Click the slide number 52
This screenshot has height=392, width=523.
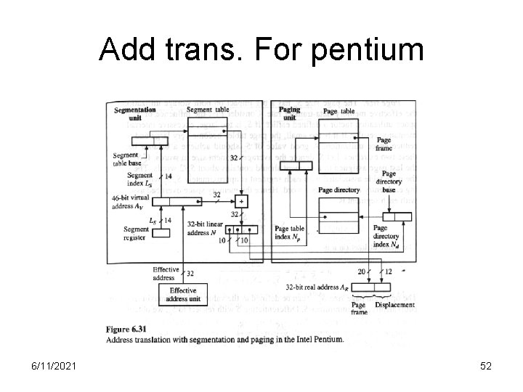[485, 366]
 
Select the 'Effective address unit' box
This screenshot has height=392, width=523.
[184, 294]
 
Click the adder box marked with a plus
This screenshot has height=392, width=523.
[242, 200]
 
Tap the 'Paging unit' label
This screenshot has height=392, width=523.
[289, 113]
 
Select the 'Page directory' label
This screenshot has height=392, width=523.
[338, 189]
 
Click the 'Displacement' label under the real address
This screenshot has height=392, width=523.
[394, 306]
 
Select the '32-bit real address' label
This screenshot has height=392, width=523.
[315, 287]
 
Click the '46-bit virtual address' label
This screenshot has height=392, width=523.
[127, 201]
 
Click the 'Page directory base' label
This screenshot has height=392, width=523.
[389, 181]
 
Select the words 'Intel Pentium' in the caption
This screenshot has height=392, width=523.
[316, 339]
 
